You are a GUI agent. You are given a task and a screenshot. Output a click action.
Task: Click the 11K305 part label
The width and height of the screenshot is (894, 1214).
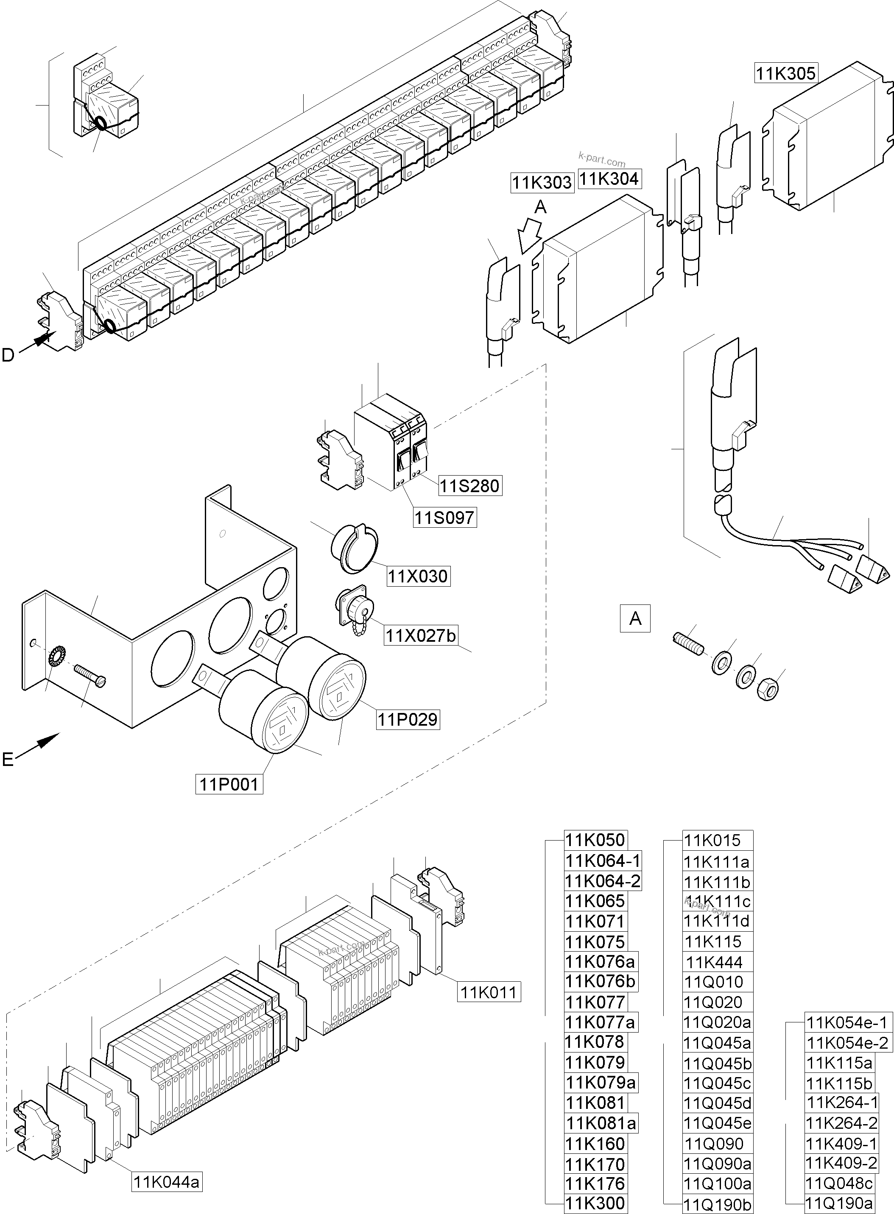tap(785, 73)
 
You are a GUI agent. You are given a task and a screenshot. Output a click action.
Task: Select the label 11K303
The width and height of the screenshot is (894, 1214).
tap(542, 183)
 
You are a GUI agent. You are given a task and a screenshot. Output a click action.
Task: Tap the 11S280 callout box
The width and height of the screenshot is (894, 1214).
tap(469, 486)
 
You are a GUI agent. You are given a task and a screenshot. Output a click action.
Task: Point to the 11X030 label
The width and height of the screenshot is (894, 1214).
tap(418, 576)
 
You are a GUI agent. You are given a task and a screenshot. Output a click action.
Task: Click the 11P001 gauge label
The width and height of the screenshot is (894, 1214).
tap(229, 784)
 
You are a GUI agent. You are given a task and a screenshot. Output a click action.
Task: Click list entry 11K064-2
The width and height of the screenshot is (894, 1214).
tap(602, 881)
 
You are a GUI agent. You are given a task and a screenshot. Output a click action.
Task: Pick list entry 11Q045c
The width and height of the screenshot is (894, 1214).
tap(717, 1083)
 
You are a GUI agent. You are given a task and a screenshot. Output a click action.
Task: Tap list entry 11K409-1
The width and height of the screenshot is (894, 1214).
tap(841, 1144)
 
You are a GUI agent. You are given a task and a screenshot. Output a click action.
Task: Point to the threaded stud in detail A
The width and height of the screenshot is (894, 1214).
tap(689, 645)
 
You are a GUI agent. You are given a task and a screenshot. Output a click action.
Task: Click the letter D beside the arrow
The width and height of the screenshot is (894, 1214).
tap(8, 355)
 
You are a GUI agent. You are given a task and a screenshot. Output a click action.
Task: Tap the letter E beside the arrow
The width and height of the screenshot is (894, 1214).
tap(8, 760)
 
